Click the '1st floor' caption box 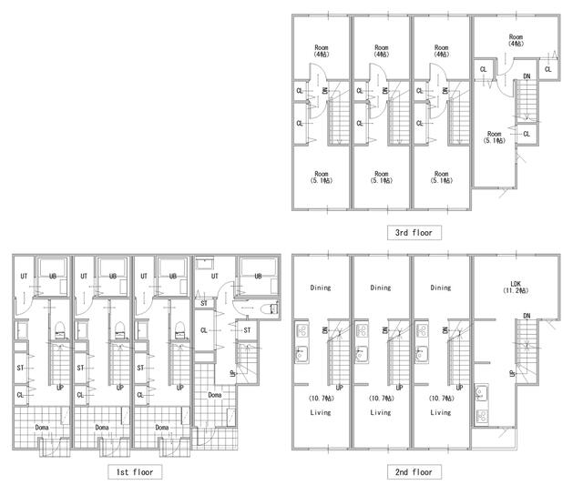[x=135, y=471]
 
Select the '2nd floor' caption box [x=414, y=471]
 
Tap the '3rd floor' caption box [x=414, y=232]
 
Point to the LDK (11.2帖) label [x=516, y=287]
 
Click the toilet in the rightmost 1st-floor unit [x=269, y=309]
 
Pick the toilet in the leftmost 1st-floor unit [x=60, y=330]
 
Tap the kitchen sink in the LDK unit [x=481, y=393]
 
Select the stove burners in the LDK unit [x=481, y=416]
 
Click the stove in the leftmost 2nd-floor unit [x=302, y=329]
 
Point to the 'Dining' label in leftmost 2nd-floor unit [x=321, y=288]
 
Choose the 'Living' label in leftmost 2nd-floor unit [x=321, y=412]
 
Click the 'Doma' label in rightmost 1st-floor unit [x=215, y=395]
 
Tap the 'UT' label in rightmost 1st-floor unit [x=215, y=276]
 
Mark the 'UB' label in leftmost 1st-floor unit [x=53, y=276]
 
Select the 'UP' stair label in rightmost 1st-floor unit [x=232, y=373]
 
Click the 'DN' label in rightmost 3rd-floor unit [x=527, y=76]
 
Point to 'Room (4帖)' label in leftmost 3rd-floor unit [x=322, y=51]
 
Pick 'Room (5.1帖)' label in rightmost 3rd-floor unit [x=495, y=137]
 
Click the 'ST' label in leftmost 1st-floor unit [x=20, y=368]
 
